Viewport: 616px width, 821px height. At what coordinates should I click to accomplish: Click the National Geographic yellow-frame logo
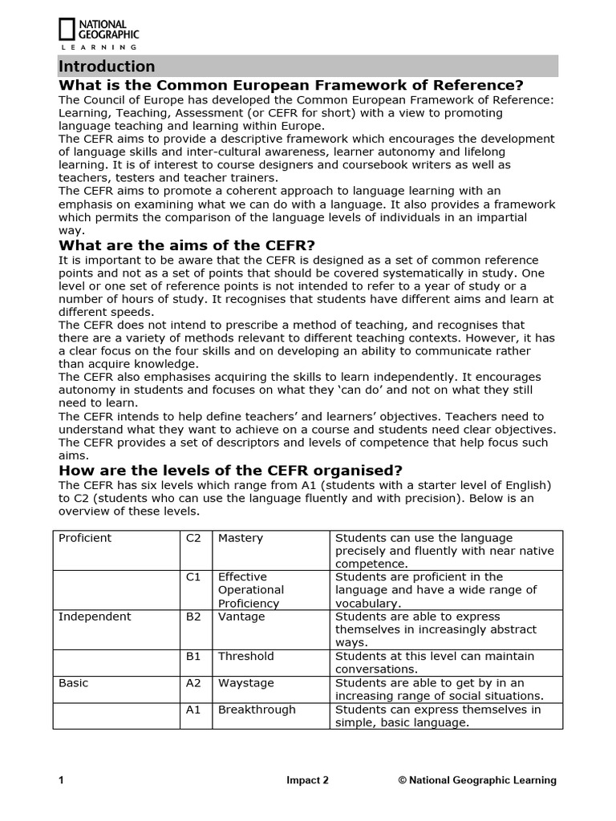[67, 30]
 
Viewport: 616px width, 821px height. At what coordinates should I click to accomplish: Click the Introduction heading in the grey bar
[107, 67]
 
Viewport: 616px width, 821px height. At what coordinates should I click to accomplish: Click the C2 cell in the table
[193, 538]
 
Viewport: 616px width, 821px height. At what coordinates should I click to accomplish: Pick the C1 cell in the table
[193, 577]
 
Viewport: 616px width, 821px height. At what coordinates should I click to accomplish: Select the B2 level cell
[193, 617]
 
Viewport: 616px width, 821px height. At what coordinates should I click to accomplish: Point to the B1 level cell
[193, 656]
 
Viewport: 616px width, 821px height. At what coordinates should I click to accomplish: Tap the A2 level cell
[193, 683]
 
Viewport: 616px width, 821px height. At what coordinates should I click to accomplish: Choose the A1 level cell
[193, 710]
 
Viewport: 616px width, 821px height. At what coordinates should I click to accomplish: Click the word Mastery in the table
[241, 538]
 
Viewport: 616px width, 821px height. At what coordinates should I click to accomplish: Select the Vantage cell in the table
[241, 617]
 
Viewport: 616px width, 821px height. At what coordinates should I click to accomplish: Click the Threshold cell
[246, 656]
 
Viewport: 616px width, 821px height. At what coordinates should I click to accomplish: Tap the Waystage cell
[246, 683]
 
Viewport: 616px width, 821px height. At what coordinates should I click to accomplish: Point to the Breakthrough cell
[257, 710]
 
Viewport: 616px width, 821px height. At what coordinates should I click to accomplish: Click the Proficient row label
[85, 538]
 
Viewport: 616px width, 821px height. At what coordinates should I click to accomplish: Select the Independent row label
[95, 617]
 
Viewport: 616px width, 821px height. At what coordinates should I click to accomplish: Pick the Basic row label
[74, 683]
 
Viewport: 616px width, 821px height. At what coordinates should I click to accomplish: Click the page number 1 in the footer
[61, 780]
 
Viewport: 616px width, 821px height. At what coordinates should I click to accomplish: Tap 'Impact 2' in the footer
[307, 780]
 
